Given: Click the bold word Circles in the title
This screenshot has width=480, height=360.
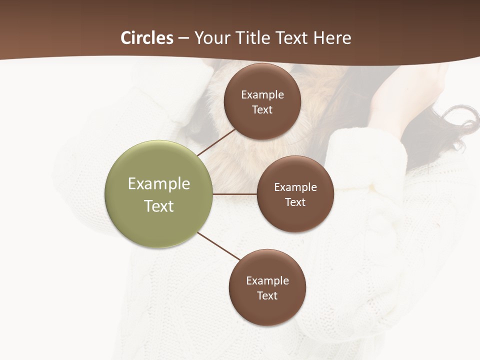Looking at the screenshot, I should click(146, 38).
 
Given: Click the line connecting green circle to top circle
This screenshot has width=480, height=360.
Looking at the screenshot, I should click(216, 142).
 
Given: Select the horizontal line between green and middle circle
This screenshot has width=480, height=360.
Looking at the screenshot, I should click(234, 194).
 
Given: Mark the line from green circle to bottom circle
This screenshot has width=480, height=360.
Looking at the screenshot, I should click(218, 246).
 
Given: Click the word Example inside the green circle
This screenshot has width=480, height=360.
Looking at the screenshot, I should click(159, 184).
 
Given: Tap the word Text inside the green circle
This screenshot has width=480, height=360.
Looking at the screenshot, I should click(159, 206).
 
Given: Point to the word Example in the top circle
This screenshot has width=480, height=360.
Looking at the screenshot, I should click(262, 95).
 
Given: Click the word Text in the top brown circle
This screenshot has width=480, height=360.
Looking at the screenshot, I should click(262, 110).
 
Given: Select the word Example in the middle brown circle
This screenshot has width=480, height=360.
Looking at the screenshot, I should click(295, 187).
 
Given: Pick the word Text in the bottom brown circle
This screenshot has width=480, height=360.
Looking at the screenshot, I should click(267, 295).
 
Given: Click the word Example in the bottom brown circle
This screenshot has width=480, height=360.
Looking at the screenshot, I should click(267, 280).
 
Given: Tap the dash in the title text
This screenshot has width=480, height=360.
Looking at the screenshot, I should click(183, 38).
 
